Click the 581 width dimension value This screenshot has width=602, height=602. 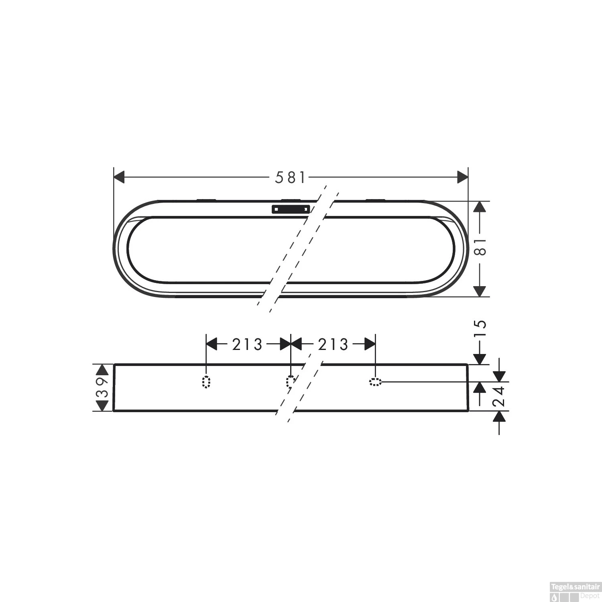(290, 177)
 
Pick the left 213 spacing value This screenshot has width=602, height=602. (247, 344)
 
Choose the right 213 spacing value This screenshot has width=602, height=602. (333, 344)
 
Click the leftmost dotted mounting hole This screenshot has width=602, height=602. (206, 382)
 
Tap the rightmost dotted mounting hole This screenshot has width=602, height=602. (375, 382)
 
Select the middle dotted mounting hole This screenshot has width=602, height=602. (291, 382)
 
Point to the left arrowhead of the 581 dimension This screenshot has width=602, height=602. (120, 177)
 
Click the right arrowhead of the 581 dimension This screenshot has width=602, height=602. (463, 177)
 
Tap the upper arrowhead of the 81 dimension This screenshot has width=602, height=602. (480, 207)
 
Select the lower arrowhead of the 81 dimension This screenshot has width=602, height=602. (480, 291)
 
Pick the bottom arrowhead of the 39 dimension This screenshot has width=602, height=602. (103, 406)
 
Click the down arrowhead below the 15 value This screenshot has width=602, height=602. (480, 359)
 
